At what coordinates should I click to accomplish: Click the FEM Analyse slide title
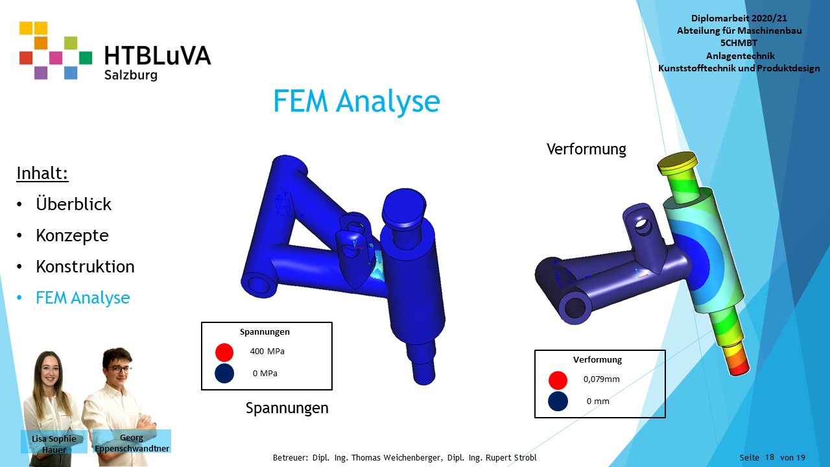coord(357,101)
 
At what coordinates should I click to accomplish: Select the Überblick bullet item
coord(73,204)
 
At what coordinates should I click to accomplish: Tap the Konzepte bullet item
coord(72,235)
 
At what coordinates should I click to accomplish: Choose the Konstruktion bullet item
coord(85,267)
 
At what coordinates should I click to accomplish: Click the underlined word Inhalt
coord(42,173)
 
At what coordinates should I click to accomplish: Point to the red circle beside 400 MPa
coord(224,352)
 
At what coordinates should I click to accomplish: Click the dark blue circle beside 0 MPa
coord(224,373)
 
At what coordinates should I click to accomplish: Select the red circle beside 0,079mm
coord(558,380)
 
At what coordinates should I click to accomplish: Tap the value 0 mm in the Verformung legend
coord(598,401)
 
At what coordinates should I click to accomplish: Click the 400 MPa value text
coord(267,352)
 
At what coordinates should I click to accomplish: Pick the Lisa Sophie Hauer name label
coord(54,444)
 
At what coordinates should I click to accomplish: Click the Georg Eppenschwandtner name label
coord(132,443)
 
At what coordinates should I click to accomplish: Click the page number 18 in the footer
coord(769,457)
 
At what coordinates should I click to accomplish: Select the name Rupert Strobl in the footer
coord(512,458)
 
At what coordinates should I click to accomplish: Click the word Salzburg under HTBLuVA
coord(131,75)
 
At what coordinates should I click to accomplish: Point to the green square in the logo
coord(86,58)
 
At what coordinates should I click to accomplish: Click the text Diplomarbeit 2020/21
coord(739,18)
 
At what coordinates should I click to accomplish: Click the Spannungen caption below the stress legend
coord(287,408)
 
